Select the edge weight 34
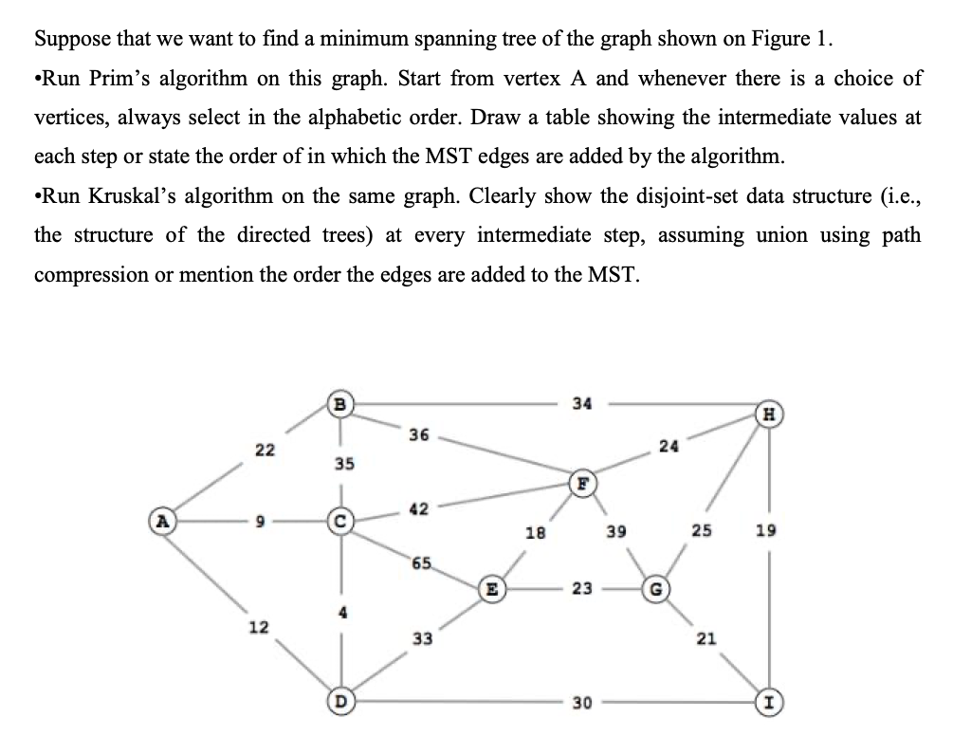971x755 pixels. [582, 403]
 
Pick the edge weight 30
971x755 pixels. [582, 703]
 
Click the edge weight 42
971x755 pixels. [418, 509]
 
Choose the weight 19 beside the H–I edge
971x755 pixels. [766, 531]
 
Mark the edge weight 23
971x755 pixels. [582, 588]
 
